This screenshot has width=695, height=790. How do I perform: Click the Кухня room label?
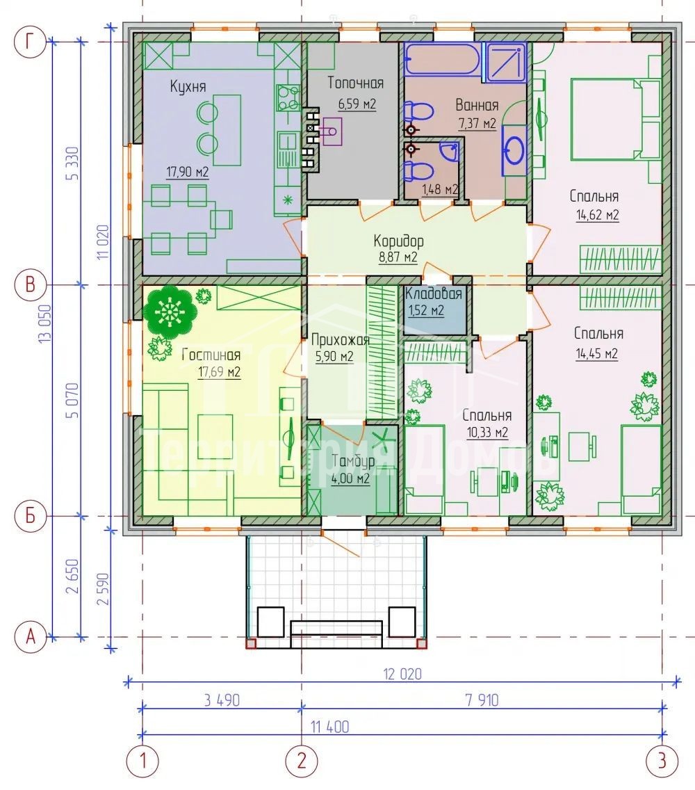pyautogui.click(x=188, y=86)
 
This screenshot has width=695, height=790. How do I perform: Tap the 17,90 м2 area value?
pyautogui.click(x=188, y=172)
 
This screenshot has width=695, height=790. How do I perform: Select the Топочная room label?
pyautogui.click(x=356, y=83)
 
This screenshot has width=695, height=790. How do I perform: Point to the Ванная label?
pyautogui.click(x=477, y=105)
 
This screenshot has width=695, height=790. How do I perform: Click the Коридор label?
pyautogui.click(x=398, y=241)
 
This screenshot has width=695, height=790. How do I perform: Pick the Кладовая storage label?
pyautogui.click(x=434, y=293)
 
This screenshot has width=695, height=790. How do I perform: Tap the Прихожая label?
pyautogui.click(x=341, y=340)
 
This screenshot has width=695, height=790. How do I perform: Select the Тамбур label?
pyautogui.click(x=354, y=461)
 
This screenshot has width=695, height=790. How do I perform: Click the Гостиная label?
pyautogui.click(x=211, y=355)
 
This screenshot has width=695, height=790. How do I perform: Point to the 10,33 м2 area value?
pyautogui.click(x=487, y=433)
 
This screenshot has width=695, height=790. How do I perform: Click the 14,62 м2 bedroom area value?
pyautogui.click(x=597, y=215)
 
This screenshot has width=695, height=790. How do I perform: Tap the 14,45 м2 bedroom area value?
pyautogui.click(x=597, y=354)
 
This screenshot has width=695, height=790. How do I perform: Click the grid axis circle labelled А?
pyautogui.click(x=30, y=637)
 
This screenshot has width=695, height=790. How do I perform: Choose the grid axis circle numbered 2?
pyautogui.click(x=302, y=760)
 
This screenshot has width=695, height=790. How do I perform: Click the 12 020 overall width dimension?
pyautogui.click(x=402, y=674)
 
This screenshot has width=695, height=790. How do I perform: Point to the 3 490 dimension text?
pyautogui.click(x=222, y=700)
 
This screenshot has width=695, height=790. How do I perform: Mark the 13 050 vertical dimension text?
pyautogui.click(x=44, y=325)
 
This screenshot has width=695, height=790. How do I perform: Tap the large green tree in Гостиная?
pyautogui.click(x=170, y=312)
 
